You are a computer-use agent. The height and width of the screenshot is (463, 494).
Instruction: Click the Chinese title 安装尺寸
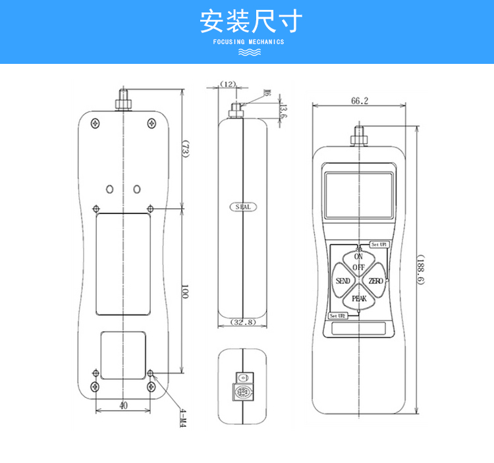250,22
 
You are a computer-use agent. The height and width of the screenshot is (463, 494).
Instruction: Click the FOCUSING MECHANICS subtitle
249,41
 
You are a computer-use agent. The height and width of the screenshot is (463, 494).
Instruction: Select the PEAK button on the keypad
359,298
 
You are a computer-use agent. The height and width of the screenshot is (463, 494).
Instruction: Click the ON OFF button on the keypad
358,262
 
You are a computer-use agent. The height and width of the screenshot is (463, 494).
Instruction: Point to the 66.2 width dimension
360,101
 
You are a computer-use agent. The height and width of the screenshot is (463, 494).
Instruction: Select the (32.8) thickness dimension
243,322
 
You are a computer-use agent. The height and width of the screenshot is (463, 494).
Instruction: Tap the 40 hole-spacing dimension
123,406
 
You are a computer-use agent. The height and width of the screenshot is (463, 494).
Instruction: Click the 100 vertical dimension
185,291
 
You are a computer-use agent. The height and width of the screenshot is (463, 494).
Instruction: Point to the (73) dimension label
186,150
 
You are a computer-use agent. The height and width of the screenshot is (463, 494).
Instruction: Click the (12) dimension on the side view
228,84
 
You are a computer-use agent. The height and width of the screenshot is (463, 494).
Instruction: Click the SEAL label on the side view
243,207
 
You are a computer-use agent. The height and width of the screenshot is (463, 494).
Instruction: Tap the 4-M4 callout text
183,418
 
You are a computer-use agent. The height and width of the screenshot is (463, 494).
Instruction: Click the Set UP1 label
379,244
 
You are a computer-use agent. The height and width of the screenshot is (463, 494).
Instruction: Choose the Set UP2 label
337,316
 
